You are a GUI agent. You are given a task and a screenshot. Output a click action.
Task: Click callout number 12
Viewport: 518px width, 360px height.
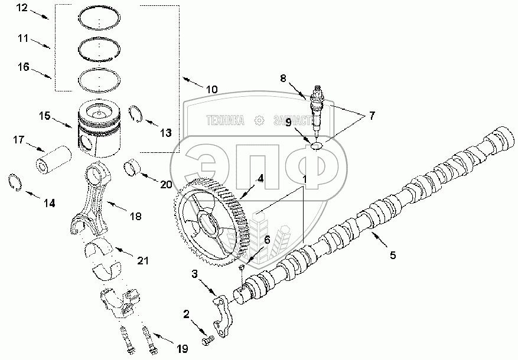click(x=22, y=9)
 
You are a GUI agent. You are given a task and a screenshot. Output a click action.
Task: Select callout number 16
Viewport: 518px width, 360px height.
click(x=22, y=68)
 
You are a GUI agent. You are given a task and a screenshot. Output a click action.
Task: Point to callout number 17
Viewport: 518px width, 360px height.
click(x=19, y=140)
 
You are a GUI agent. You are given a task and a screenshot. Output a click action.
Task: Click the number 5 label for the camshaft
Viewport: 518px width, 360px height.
click(x=392, y=256)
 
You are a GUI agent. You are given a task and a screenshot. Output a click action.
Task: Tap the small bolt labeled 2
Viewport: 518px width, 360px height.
click(x=207, y=341)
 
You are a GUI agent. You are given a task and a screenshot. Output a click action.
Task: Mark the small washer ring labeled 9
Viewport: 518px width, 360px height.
click(x=315, y=145)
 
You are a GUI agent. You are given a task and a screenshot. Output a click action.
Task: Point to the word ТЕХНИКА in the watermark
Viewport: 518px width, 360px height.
click(x=225, y=120)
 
